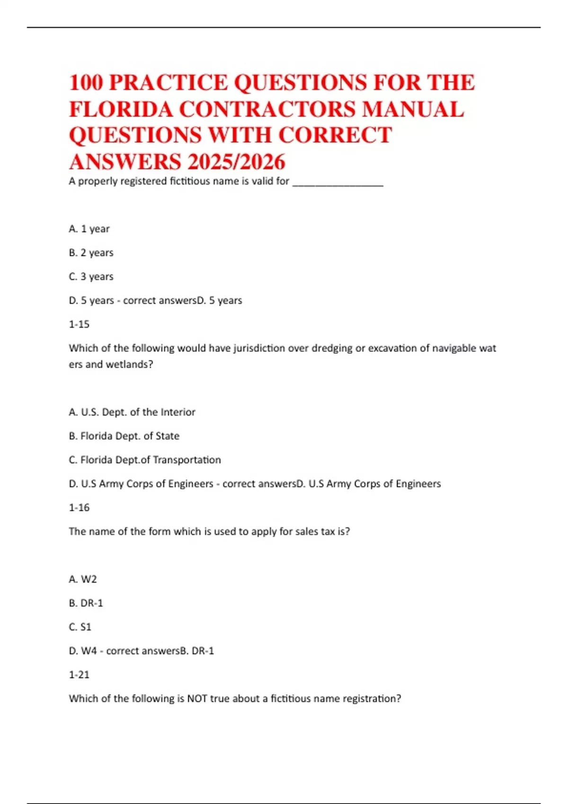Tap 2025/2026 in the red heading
(x=236, y=162)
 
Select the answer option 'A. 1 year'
(x=89, y=229)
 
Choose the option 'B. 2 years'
(x=91, y=253)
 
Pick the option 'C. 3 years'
(x=91, y=277)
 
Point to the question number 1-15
(x=79, y=324)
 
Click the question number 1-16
(x=79, y=507)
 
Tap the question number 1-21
(x=79, y=675)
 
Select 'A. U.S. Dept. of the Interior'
(x=132, y=412)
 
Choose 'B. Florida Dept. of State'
(x=124, y=436)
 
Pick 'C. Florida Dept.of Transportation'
(x=145, y=460)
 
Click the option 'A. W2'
(x=83, y=579)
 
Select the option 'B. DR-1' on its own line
(x=86, y=603)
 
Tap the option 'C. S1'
(x=80, y=627)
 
